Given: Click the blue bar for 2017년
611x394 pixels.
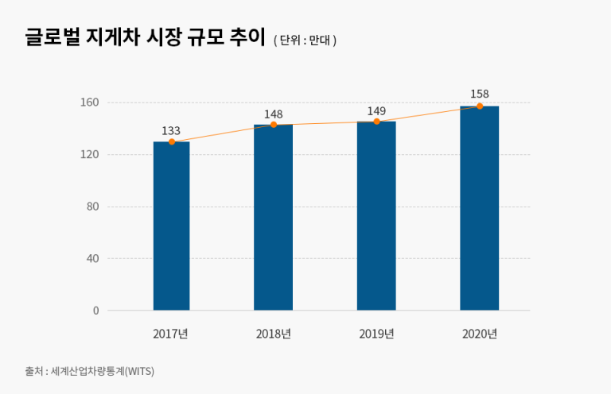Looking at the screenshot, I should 171,226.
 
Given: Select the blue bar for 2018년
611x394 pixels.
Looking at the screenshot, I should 273,218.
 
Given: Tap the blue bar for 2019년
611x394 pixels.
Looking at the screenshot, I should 376,216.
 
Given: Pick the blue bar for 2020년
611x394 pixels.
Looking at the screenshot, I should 479,208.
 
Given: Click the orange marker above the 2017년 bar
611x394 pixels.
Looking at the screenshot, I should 172,142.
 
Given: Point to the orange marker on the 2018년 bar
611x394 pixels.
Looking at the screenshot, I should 274,125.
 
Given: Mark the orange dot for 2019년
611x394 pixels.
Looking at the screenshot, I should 376,122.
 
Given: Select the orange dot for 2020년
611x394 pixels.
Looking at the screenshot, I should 480,106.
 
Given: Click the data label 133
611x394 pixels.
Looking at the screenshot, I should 171,130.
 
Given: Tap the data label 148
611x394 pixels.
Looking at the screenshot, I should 274,114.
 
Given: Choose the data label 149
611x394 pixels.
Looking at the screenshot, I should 376,110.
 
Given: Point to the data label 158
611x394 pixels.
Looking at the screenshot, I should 479,94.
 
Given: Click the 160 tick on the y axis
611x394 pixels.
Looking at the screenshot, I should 89,102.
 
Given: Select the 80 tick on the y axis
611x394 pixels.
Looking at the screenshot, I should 91,207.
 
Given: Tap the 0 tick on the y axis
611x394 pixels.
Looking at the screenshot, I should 95,311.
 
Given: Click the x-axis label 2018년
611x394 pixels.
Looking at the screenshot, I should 273,334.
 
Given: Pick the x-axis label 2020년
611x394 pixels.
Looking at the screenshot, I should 479,334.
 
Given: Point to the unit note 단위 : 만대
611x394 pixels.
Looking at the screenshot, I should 305,41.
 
